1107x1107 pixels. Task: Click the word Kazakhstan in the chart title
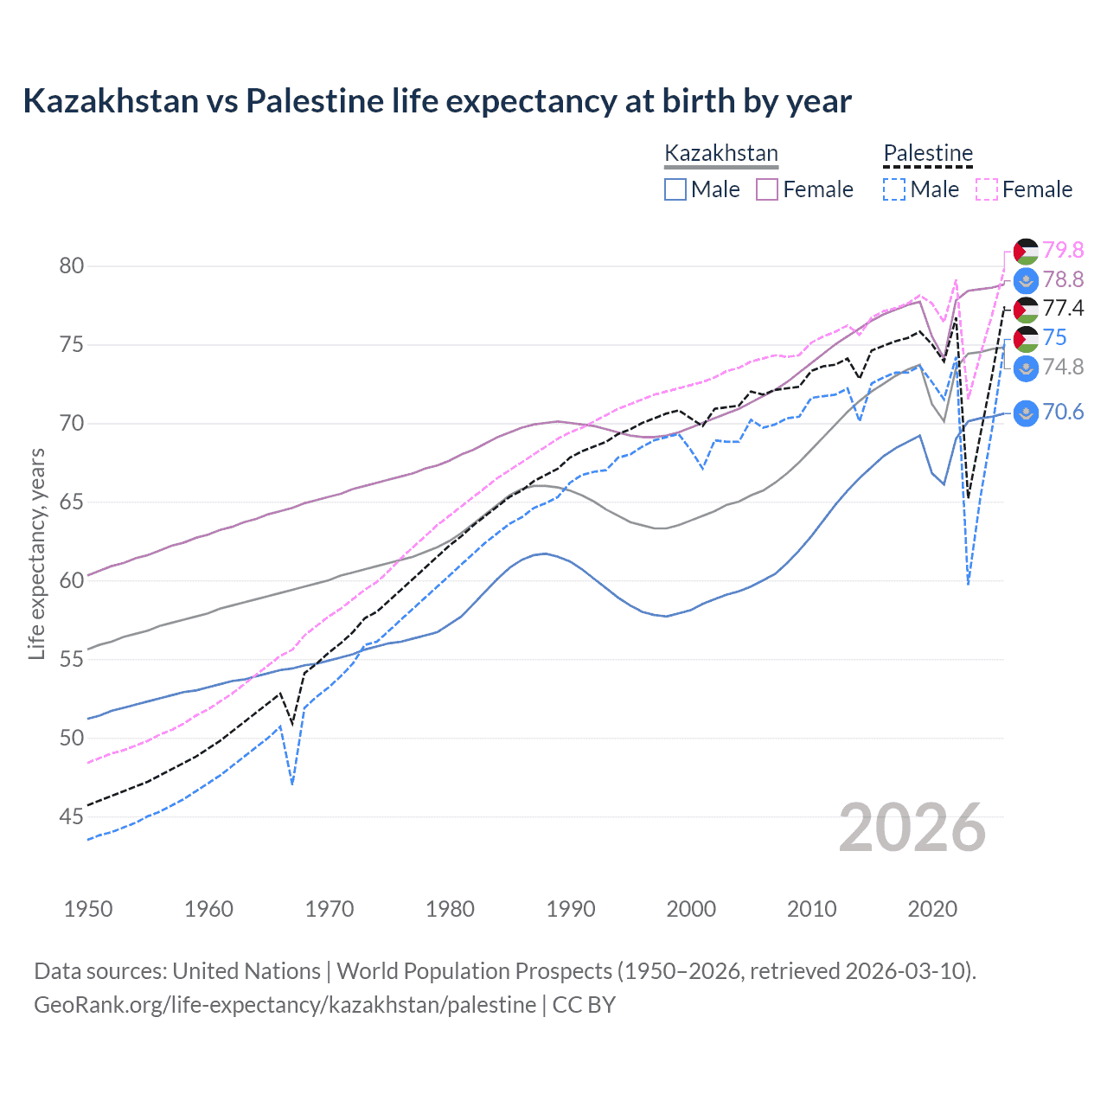[x=111, y=101]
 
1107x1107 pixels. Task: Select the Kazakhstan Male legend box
[x=675, y=189]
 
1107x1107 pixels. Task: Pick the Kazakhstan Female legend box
[x=767, y=189]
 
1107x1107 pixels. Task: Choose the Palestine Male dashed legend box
[x=894, y=189]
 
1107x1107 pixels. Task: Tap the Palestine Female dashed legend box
[x=986, y=189]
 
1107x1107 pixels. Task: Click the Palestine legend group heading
[x=928, y=153]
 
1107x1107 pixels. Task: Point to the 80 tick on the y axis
[x=72, y=266]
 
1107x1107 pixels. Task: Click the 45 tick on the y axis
[x=72, y=816]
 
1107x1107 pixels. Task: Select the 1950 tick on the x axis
[x=88, y=909]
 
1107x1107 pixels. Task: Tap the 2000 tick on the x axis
[x=691, y=909]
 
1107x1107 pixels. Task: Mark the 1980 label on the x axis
[x=450, y=909]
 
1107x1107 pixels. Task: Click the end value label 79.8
[x=1063, y=250]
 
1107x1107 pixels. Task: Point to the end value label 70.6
[x=1063, y=412]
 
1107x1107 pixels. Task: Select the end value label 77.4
[x=1063, y=309]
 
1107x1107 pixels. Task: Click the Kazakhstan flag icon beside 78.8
[x=1026, y=280]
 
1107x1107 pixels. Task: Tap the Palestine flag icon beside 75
[x=1026, y=338]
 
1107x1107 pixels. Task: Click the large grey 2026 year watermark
[x=912, y=828]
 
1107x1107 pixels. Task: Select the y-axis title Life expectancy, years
[x=37, y=553]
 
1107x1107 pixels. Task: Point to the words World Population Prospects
[x=474, y=971]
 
